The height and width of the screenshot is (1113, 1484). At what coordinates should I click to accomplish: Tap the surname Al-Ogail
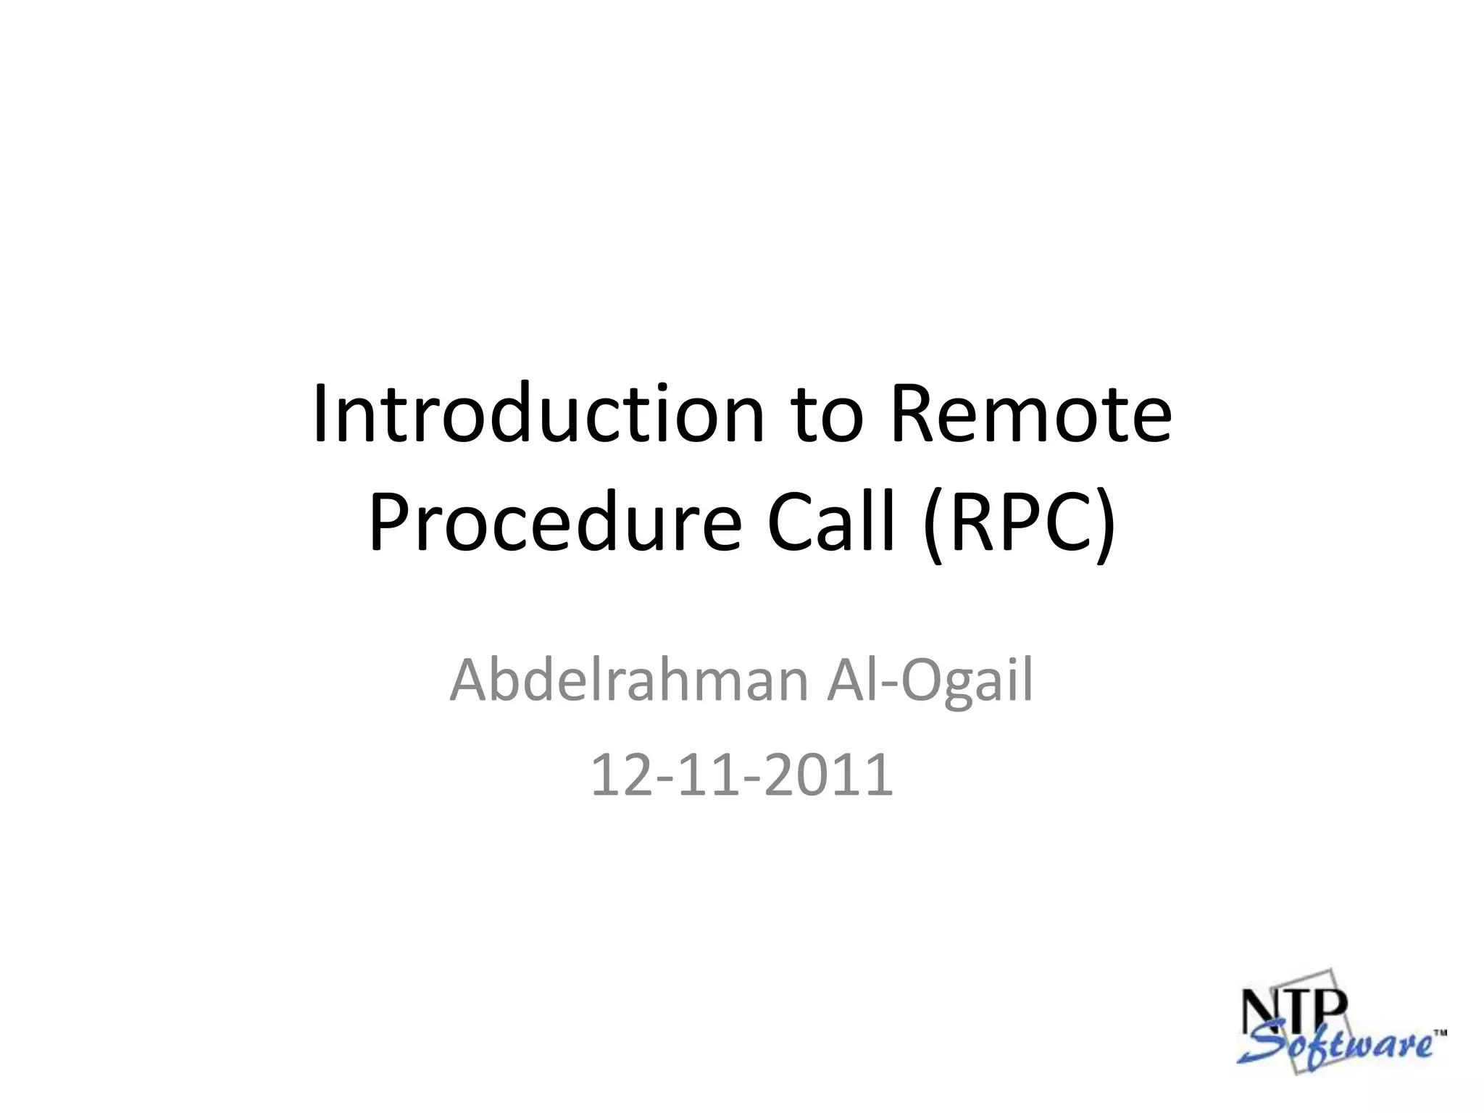[x=930, y=681]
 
